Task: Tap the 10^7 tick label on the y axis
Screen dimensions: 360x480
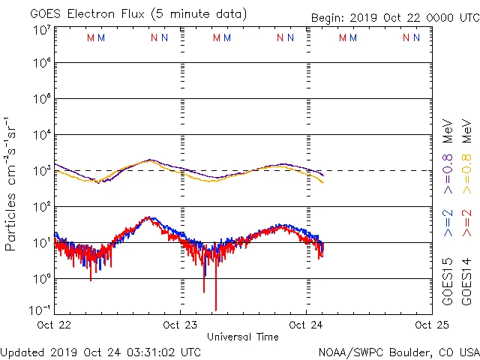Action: pyautogui.click(x=41, y=31)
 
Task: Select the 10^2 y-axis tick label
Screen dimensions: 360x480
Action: pyautogui.click(x=41, y=207)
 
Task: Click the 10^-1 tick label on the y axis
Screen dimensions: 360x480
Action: pyautogui.click(x=40, y=309)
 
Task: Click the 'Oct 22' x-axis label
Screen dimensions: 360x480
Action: pyautogui.click(x=53, y=325)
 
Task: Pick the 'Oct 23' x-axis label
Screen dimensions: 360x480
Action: pyautogui.click(x=180, y=325)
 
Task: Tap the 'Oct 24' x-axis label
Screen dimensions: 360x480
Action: pyautogui.click(x=306, y=325)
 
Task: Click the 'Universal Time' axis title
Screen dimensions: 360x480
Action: pyautogui.click(x=242, y=337)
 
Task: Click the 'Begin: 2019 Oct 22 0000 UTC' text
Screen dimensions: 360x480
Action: pyautogui.click(x=394, y=18)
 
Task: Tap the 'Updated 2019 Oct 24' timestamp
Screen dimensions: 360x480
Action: pyautogui.click(x=100, y=351)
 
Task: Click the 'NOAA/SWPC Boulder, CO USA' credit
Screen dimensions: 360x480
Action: pyautogui.click(x=398, y=351)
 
